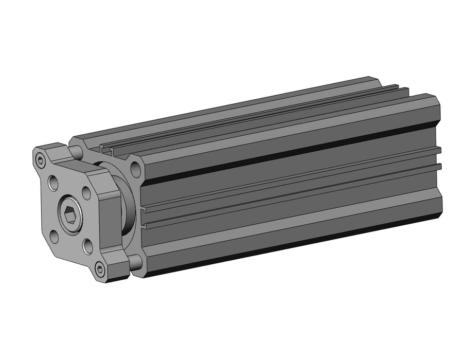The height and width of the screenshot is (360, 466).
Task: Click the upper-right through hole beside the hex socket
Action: [x=86, y=193]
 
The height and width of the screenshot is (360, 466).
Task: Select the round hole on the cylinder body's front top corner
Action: [x=135, y=168]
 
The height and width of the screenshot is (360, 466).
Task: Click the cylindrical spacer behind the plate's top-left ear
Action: [x=76, y=152]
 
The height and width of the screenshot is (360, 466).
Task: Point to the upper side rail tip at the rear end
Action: [x=439, y=150]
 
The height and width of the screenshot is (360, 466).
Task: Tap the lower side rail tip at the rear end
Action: [x=439, y=166]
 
